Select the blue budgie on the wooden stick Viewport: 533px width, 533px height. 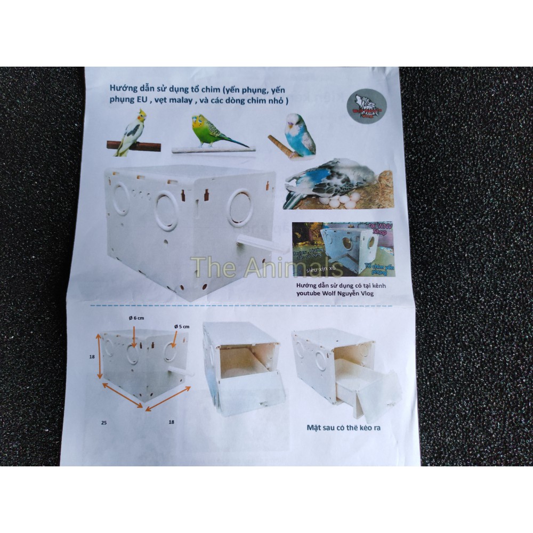[300, 134]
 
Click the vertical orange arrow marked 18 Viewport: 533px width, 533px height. [99, 357]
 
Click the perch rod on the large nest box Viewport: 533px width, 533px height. [261, 245]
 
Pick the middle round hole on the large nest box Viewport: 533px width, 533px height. [166, 212]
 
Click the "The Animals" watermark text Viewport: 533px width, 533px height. [266, 267]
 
